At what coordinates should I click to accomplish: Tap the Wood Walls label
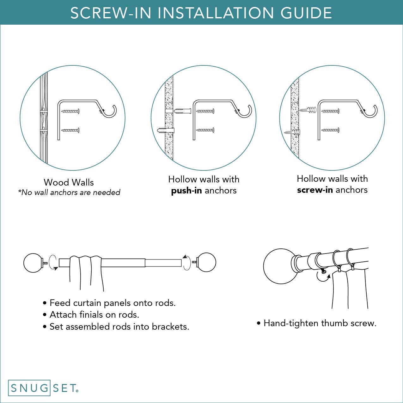[69, 182]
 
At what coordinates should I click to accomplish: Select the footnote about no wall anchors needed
[69, 192]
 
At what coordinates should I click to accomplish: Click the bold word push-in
[186, 191]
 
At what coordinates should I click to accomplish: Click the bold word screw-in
[315, 190]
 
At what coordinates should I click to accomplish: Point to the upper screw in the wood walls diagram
[70, 111]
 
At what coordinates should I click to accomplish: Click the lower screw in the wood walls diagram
[70, 130]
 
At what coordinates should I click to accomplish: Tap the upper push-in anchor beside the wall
[183, 111]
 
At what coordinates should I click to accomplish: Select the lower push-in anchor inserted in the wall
[166, 130]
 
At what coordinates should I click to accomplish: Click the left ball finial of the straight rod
[33, 263]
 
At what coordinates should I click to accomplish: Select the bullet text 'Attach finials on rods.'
[94, 315]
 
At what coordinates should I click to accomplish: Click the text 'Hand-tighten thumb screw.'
[320, 323]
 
